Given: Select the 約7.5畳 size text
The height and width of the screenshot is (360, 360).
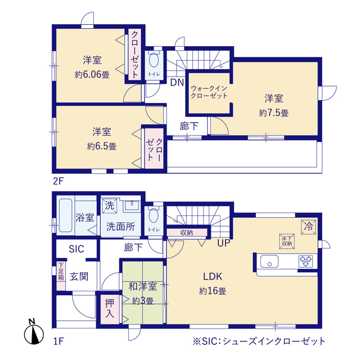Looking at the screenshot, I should tap(274, 112).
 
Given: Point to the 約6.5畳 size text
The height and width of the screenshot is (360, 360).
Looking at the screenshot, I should tap(102, 146).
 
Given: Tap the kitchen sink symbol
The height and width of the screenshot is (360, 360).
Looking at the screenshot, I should tap(269, 261).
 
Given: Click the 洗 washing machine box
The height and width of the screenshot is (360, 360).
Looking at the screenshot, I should tap(110, 206).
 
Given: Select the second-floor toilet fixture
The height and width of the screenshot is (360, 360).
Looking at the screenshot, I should tap(154, 61).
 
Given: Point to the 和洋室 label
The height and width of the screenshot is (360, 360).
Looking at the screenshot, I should tap(142, 287).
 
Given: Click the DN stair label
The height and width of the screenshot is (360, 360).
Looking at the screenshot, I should tap(177, 82).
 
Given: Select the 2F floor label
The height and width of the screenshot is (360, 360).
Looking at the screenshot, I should tap(58, 182).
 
